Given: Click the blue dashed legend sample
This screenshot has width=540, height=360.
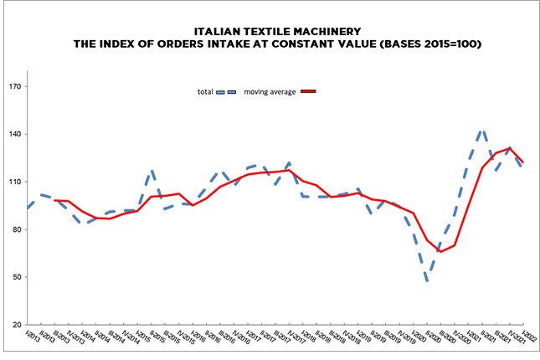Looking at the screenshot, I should point(226,91).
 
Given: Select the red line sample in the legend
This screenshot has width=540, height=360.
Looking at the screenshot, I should point(309,91).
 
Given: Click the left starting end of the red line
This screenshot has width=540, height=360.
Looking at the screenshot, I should point(54,200).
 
